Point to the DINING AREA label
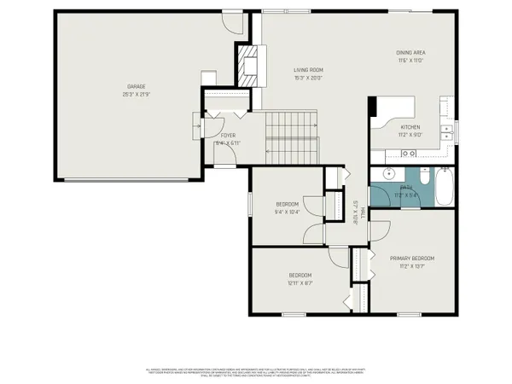tap(410, 52)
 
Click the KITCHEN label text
tap(399, 126)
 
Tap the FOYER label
tap(228, 135)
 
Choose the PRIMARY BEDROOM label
tap(412, 258)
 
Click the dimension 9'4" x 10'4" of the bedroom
tap(287, 211)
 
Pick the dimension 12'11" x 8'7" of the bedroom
tap(300, 282)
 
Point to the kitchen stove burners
tap(408, 154)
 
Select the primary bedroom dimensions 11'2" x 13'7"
tap(412, 265)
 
